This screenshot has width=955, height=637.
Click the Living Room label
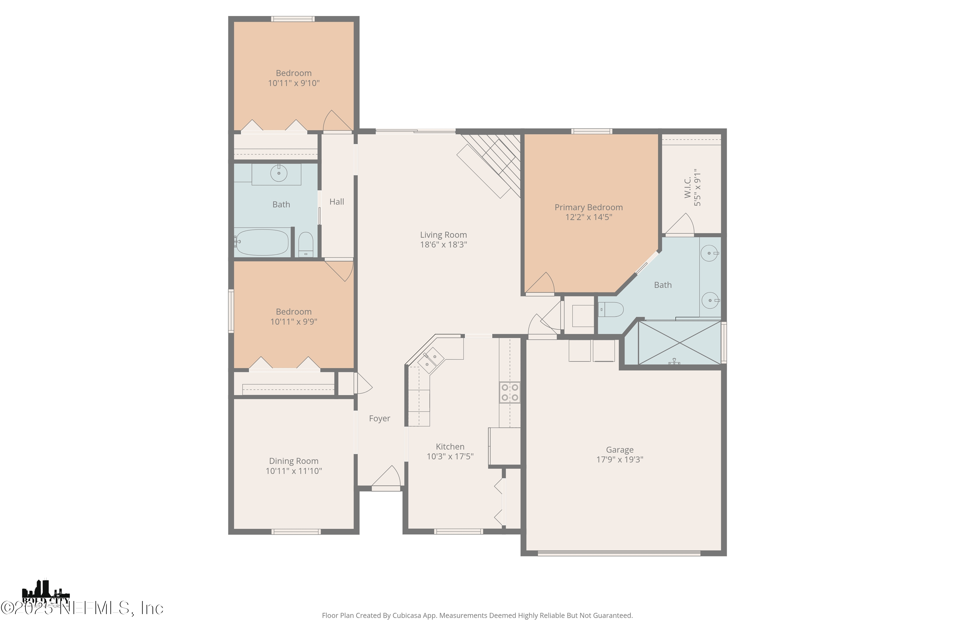(443, 235)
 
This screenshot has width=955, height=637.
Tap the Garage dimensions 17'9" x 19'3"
(619, 460)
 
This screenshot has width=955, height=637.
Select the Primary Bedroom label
(588, 207)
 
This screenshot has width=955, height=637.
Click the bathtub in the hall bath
(262, 242)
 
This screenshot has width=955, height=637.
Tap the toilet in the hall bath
(305, 245)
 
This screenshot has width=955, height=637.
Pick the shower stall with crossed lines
(679, 342)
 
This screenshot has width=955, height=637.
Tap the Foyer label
(379, 419)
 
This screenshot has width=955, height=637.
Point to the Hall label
(336, 202)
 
